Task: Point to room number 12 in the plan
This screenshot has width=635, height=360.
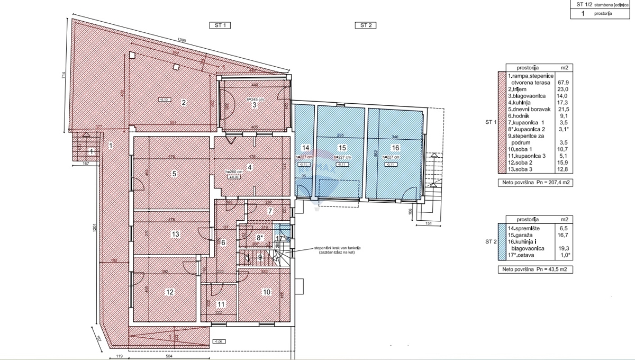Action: pos(170,291)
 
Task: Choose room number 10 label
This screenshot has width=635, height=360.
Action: pos(266,291)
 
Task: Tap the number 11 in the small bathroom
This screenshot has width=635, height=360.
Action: pos(221,304)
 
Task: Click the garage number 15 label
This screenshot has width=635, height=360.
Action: pos(342,148)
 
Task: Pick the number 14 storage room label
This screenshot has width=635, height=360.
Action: pos(305,148)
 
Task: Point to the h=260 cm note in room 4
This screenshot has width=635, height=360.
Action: pos(233,171)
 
